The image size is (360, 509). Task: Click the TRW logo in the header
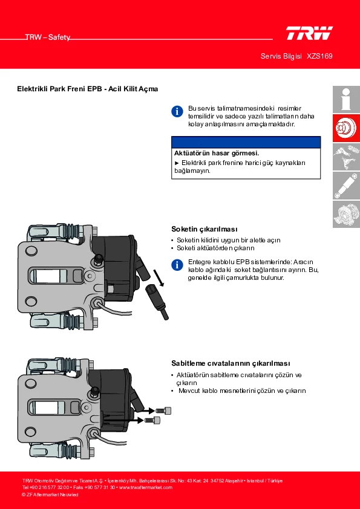[309, 33]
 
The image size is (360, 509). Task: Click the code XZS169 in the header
[319, 56]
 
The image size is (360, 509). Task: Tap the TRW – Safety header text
[48, 37]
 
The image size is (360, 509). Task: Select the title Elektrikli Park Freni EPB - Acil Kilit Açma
[88, 89]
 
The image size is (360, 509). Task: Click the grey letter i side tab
[346, 99]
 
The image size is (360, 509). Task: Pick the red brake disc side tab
[346, 128]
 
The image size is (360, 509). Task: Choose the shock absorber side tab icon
[346, 186]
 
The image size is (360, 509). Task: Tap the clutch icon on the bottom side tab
[346, 214]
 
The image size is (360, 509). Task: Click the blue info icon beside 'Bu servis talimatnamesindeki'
[177, 111]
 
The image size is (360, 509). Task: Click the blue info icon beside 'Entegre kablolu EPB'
[177, 265]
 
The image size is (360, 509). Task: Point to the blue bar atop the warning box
[246, 142]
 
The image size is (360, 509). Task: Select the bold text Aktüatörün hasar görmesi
[217, 153]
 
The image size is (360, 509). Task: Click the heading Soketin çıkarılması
[205, 229]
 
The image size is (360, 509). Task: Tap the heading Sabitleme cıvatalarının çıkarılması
[231, 363]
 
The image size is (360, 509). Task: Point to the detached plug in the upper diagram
[157, 301]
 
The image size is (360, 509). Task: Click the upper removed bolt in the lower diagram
[164, 410]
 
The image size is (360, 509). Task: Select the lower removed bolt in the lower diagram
[152, 420]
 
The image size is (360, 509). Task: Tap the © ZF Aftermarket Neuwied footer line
[50, 494]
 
